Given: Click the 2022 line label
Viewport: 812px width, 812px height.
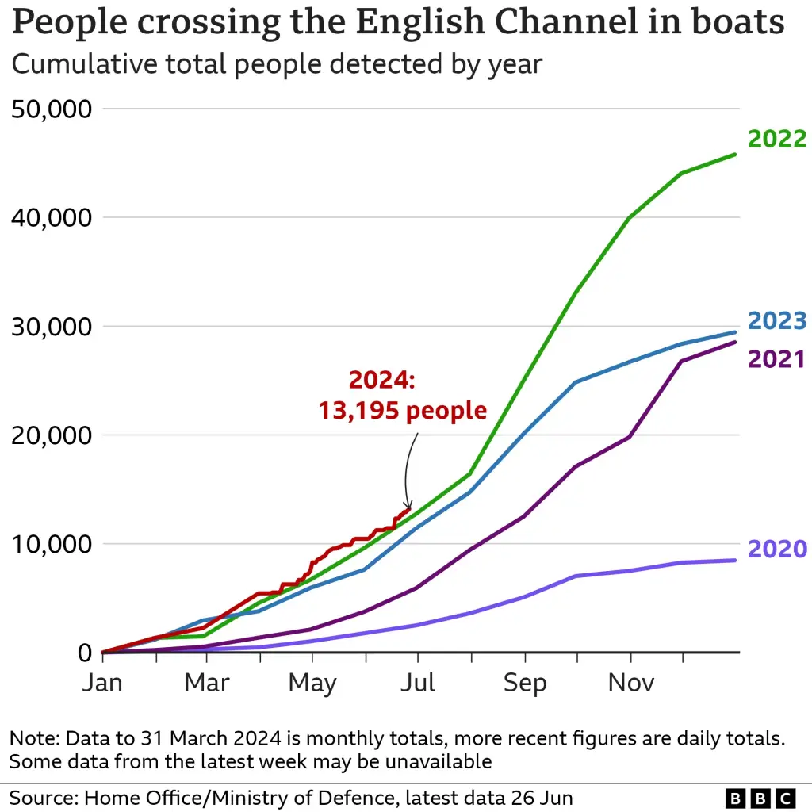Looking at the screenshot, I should [x=777, y=139].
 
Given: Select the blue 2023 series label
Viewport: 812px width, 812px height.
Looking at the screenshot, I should [x=777, y=321].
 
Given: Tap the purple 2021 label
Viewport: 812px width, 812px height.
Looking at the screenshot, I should [x=777, y=358].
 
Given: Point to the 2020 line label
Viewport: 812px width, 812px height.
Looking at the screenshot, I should [x=777, y=549].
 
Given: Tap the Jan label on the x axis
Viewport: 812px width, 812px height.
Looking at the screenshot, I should [x=102, y=683].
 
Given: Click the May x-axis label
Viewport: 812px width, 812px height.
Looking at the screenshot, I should [x=312, y=683].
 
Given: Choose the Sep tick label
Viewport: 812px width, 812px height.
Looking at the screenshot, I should [x=524, y=683].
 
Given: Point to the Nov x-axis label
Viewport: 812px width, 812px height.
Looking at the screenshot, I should [x=630, y=683].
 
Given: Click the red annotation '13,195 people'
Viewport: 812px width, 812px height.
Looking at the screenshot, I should [x=403, y=410].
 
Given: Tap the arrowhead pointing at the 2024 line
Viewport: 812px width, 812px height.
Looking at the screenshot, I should [x=408, y=507].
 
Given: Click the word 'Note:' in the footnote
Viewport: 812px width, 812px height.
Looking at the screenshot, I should [x=34, y=738].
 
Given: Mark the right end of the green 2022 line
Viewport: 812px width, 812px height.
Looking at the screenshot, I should [x=737, y=154].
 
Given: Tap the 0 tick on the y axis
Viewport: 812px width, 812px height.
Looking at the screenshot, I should [x=84, y=653].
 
